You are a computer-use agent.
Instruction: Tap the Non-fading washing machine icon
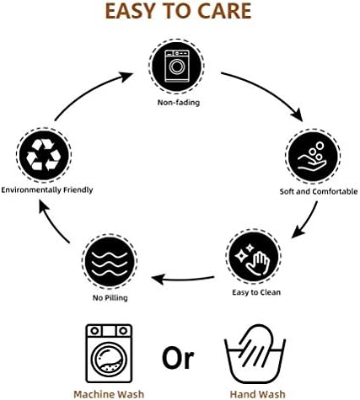pos(176,67)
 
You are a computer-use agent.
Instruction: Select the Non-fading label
pos(179,103)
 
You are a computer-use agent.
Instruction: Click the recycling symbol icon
pos(44,155)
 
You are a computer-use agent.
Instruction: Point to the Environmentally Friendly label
pos(47,190)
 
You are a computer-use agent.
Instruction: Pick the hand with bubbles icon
pos(313,156)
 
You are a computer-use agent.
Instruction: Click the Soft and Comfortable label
pos(319,192)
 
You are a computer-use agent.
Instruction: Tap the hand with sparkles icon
pos(253,257)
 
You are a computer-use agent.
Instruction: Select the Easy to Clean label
pos(256,292)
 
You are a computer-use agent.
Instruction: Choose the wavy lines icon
pos(110,261)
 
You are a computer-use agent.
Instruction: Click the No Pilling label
pos(110,298)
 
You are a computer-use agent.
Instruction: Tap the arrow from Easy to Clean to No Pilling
pos(183,280)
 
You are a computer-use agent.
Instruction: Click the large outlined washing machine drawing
pos(109,354)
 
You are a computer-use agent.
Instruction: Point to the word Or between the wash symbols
pos(178,358)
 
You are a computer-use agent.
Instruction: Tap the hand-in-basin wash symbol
pos(255,355)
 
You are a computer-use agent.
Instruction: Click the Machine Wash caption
pos(109,394)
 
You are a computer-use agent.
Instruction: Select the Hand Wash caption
pos(257,394)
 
